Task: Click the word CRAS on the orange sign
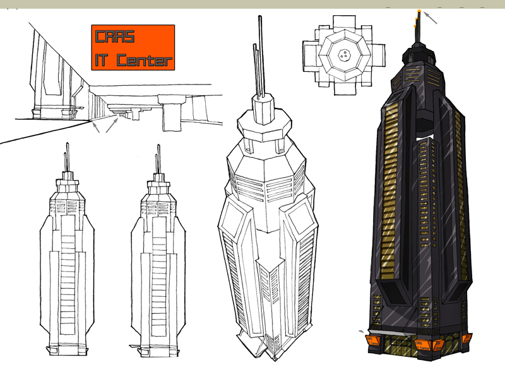pyautogui.click(x=115, y=36)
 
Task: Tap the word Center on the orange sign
pyautogui.click(x=145, y=59)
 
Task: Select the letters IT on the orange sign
pyautogui.click(x=101, y=59)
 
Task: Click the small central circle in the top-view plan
pyautogui.click(x=345, y=55)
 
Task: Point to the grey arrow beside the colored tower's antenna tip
pyautogui.click(x=431, y=18)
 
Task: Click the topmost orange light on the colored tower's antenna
pyautogui.click(x=419, y=11)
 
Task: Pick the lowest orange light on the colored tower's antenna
pyautogui.click(x=415, y=26)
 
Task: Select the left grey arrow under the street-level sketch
pyautogui.click(x=96, y=127)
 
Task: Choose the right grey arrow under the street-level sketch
pyautogui.click(x=112, y=125)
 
